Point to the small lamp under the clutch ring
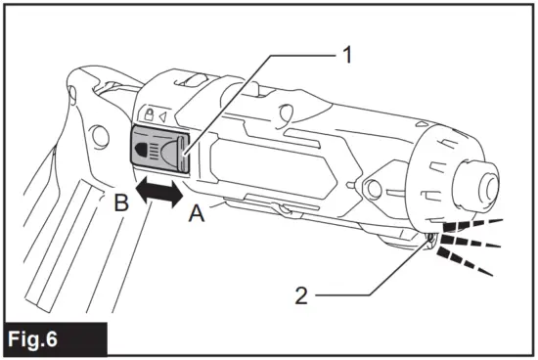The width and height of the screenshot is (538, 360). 428,238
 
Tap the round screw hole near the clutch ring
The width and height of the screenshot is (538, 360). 376,186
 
